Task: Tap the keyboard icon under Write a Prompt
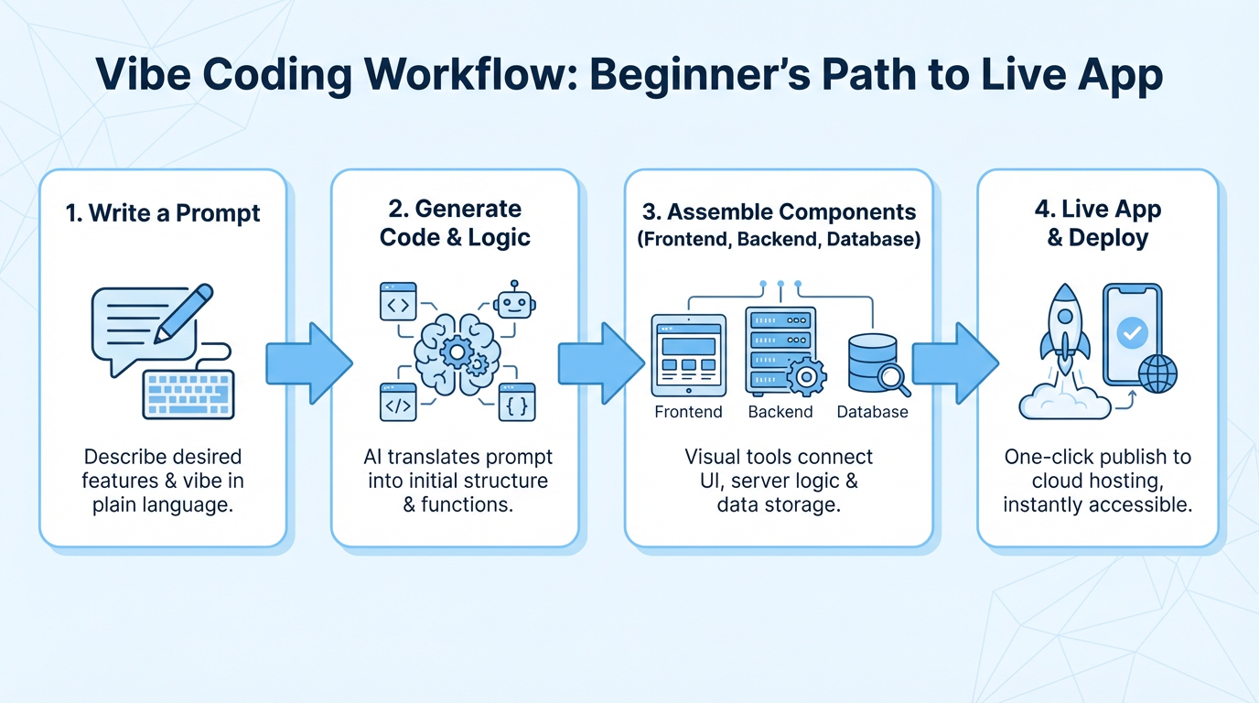point(188,394)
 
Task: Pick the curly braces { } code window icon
point(516,403)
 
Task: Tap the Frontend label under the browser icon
point(688,412)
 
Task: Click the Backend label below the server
point(780,412)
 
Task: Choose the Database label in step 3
point(872,412)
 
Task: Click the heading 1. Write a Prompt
point(163,213)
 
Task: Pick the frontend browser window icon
point(688,355)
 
